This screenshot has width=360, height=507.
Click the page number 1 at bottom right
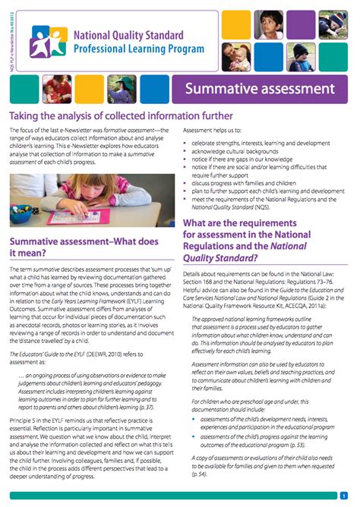(x=344, y=496)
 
